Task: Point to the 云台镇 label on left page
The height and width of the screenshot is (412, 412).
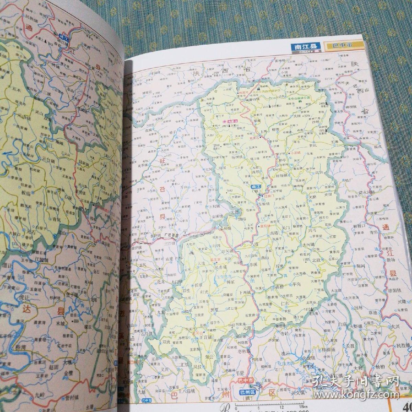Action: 49,159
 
